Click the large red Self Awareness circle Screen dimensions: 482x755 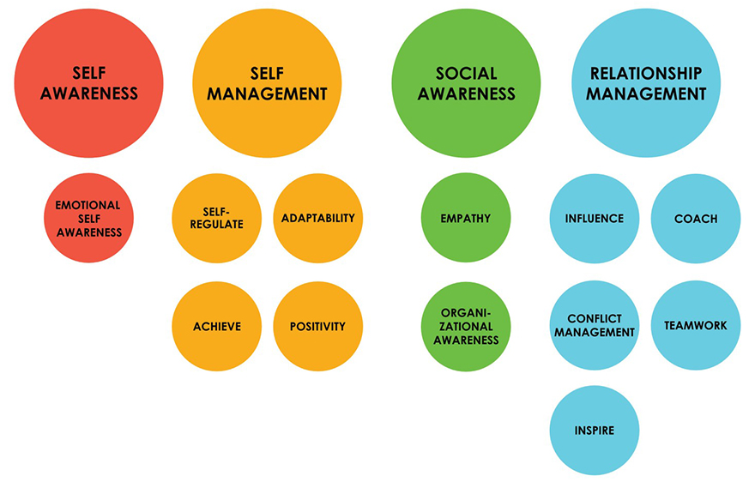point(88,83)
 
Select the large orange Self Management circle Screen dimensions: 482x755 point(267,83)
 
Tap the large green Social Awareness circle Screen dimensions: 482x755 point(466,83)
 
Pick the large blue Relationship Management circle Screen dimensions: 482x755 point(646,83)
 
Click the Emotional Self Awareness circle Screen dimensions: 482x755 point(88,218)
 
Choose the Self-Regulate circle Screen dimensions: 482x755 point(217,218)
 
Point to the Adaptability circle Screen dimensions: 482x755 point(317,218)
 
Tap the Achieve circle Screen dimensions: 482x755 point(217,326)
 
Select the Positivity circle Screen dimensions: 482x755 point(317,326)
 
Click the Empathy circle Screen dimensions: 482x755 point(466,218)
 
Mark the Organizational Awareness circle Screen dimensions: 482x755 point(466,326)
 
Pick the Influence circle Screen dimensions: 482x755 point(595,218)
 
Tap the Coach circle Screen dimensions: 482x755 point(695,218)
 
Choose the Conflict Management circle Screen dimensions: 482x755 point(595,326)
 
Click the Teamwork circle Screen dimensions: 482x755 point(695,326)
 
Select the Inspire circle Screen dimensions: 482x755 point(595,430)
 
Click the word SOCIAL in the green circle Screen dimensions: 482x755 point(466,73)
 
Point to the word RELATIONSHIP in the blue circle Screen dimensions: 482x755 point(646,73)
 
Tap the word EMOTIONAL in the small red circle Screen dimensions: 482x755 point(88,206)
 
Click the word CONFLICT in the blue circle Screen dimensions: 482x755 point(595,319)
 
